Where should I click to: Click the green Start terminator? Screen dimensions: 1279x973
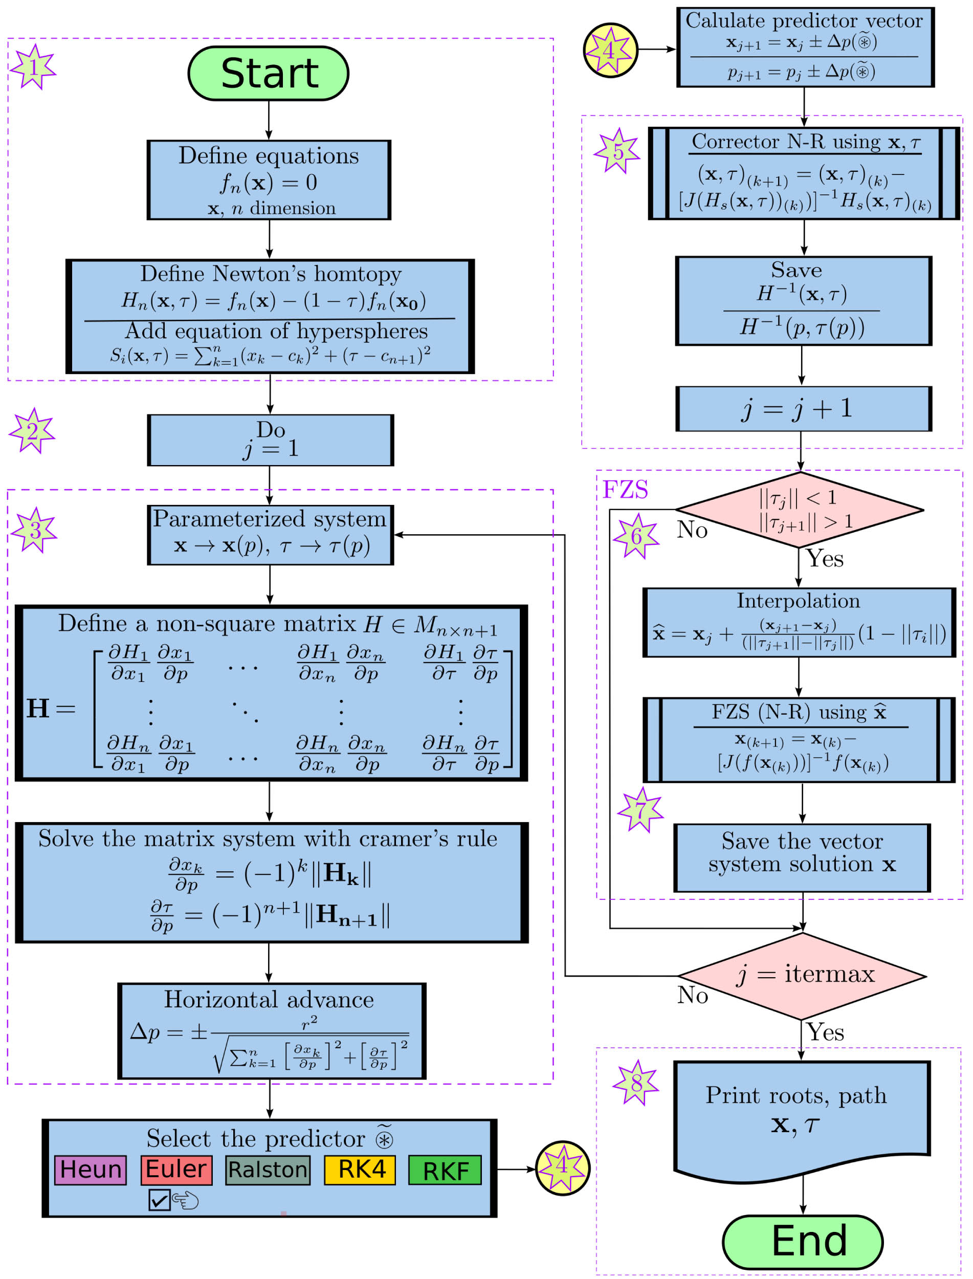(268, 74)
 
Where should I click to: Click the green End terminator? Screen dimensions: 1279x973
(803, 1241)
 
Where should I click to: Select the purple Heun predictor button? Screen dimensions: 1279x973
(91, 1170)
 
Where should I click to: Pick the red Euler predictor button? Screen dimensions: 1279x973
(176, 1170)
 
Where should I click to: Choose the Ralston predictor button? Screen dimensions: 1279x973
(268, 1170)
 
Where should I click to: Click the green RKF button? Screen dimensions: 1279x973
(445, 1171)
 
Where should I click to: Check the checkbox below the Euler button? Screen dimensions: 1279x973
(159, 1200)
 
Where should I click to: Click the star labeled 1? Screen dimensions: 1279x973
(34, 67)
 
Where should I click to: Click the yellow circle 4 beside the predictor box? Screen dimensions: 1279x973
(562, 1168)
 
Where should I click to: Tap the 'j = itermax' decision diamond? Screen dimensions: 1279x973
(802, 976)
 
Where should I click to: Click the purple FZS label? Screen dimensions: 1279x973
(625, 490)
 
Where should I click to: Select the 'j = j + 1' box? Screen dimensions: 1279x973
(803, 409)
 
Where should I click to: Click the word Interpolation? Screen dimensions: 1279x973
(798, 601)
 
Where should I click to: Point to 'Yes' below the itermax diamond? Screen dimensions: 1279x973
(825, 1032)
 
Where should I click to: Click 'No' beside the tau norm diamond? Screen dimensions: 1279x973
(692, 530)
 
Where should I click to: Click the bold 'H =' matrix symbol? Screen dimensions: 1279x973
(50, 709)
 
